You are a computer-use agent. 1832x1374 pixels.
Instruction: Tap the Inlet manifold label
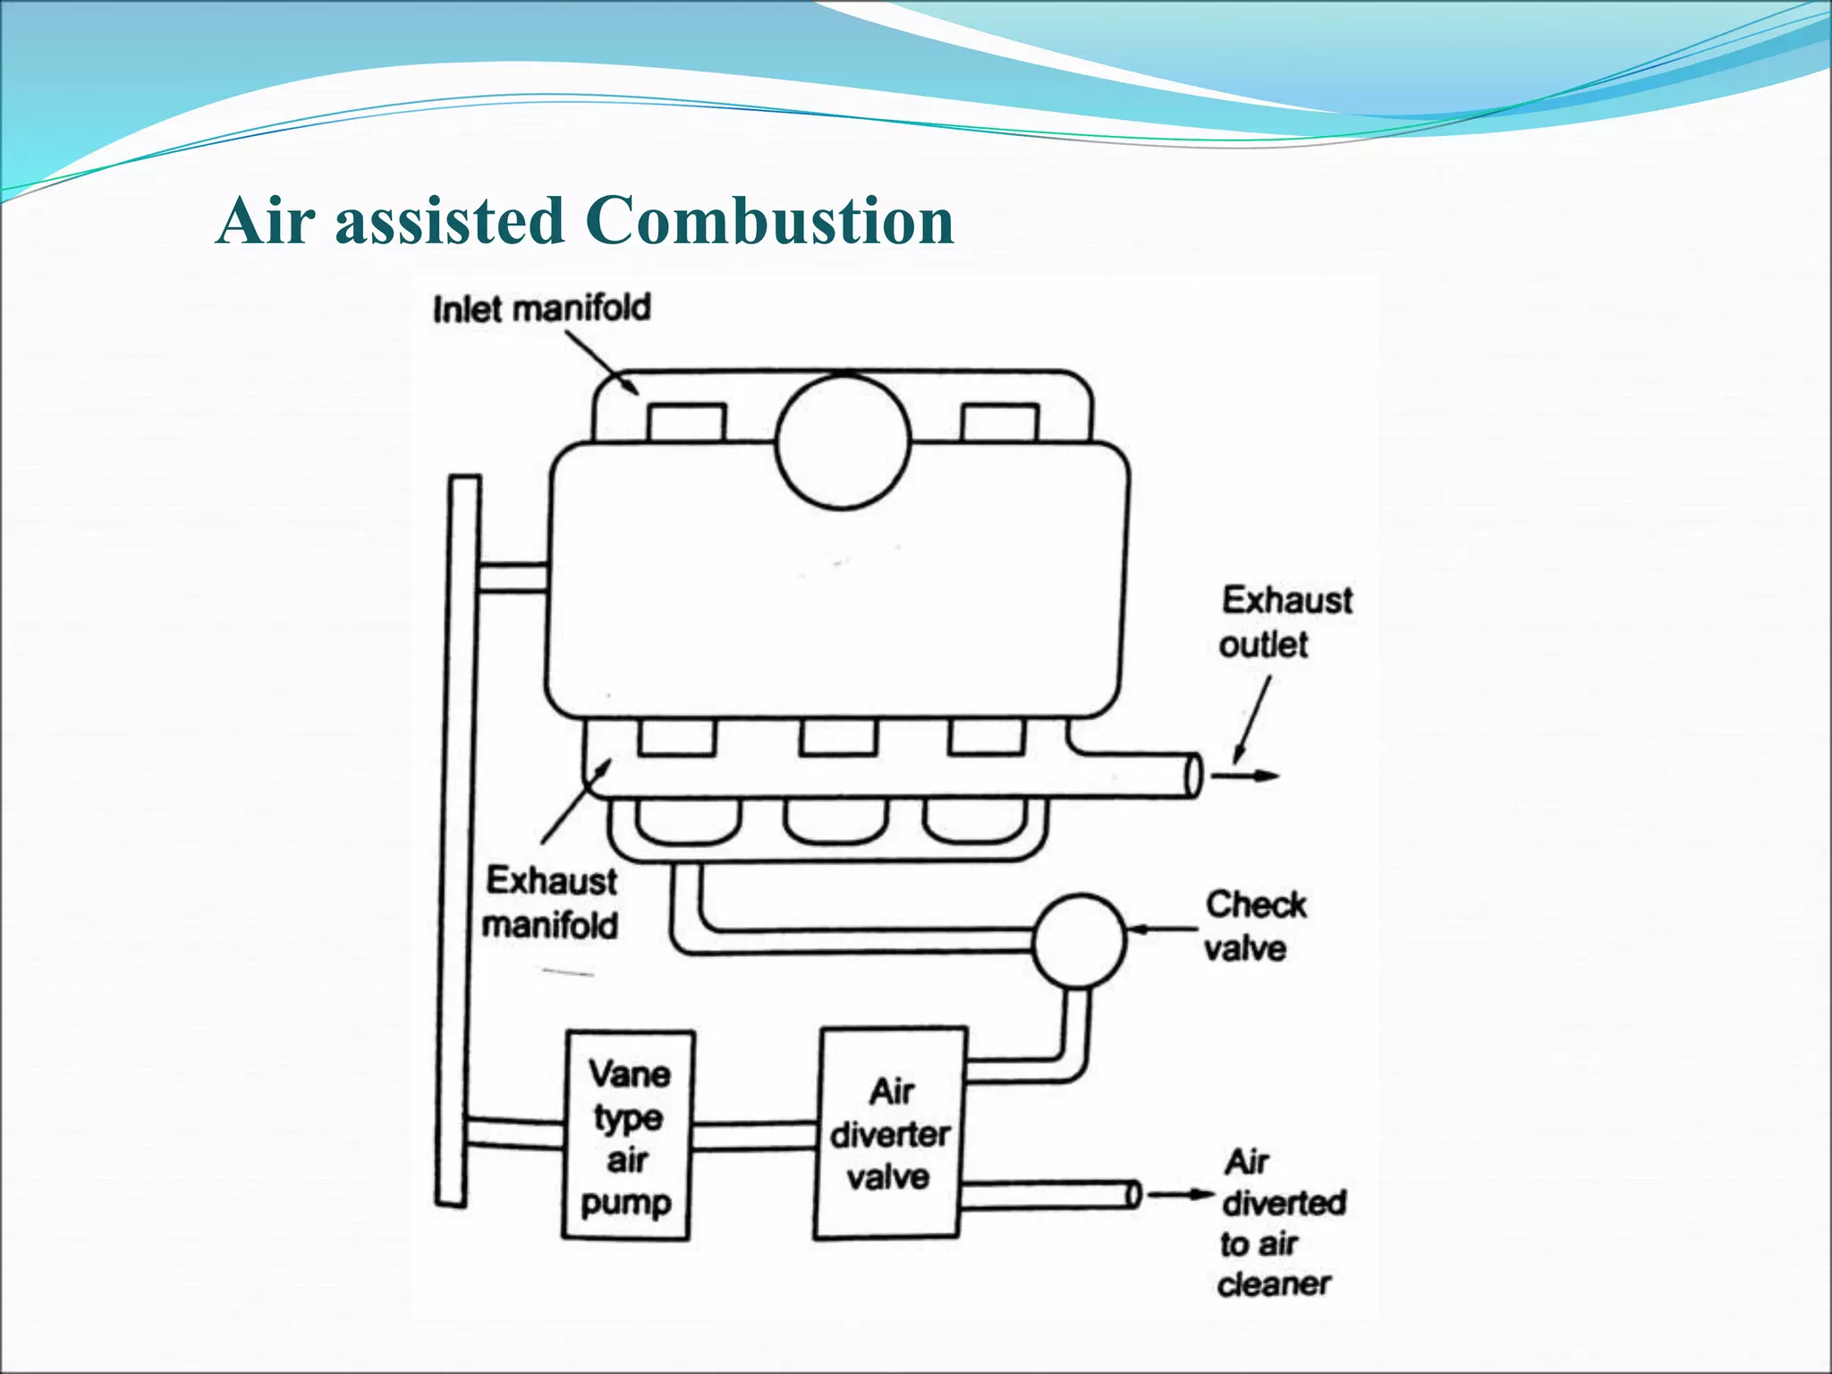click(x=541, y=309)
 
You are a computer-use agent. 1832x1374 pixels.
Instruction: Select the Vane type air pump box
click(x=628, y=1136)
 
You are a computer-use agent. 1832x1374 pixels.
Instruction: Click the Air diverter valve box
click(x=889, y=1133)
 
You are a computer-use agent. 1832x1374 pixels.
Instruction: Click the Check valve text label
click(x=1253, y=926)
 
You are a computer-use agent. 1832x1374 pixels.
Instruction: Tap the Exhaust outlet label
click(x=1286, y=622)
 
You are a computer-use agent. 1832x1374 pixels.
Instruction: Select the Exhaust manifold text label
click(x=550, y=903)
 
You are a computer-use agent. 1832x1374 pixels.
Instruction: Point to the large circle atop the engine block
click(x=843, y=442)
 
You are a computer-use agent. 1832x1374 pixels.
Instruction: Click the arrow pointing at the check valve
click(x=1161, y=930)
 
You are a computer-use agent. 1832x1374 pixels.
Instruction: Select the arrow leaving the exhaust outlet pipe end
click(x=1245, y=776)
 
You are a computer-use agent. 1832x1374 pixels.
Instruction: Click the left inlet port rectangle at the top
click(x=686, y=423)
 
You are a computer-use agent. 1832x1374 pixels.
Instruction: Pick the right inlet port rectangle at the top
click(x=999, y=423)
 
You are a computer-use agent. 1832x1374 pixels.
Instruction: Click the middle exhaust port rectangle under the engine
click(x=838, y=738)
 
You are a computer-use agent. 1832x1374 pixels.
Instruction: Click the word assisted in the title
click(x=449, y=220)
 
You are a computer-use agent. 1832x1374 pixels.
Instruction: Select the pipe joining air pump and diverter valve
click(x=756, y=1136)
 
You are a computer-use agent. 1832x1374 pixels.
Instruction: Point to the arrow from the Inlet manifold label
click(x=602, y=362)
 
